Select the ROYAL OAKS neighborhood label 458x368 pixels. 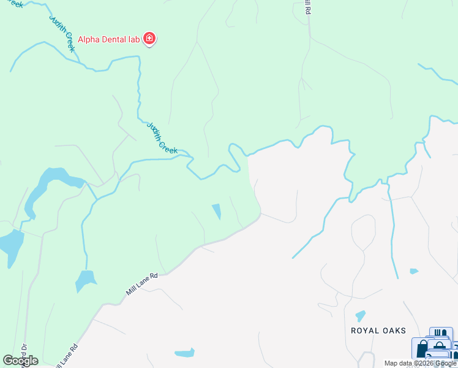coord(378,331)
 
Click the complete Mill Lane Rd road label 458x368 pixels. coord(142,285)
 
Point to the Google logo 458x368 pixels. coord(20,361)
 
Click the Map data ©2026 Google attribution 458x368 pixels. coord(421,363)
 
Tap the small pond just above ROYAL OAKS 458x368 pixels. coord(360,316)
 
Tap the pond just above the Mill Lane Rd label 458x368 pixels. coord(86,280)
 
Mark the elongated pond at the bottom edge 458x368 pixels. coord(184,353)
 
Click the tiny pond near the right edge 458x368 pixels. coord(414,270)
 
